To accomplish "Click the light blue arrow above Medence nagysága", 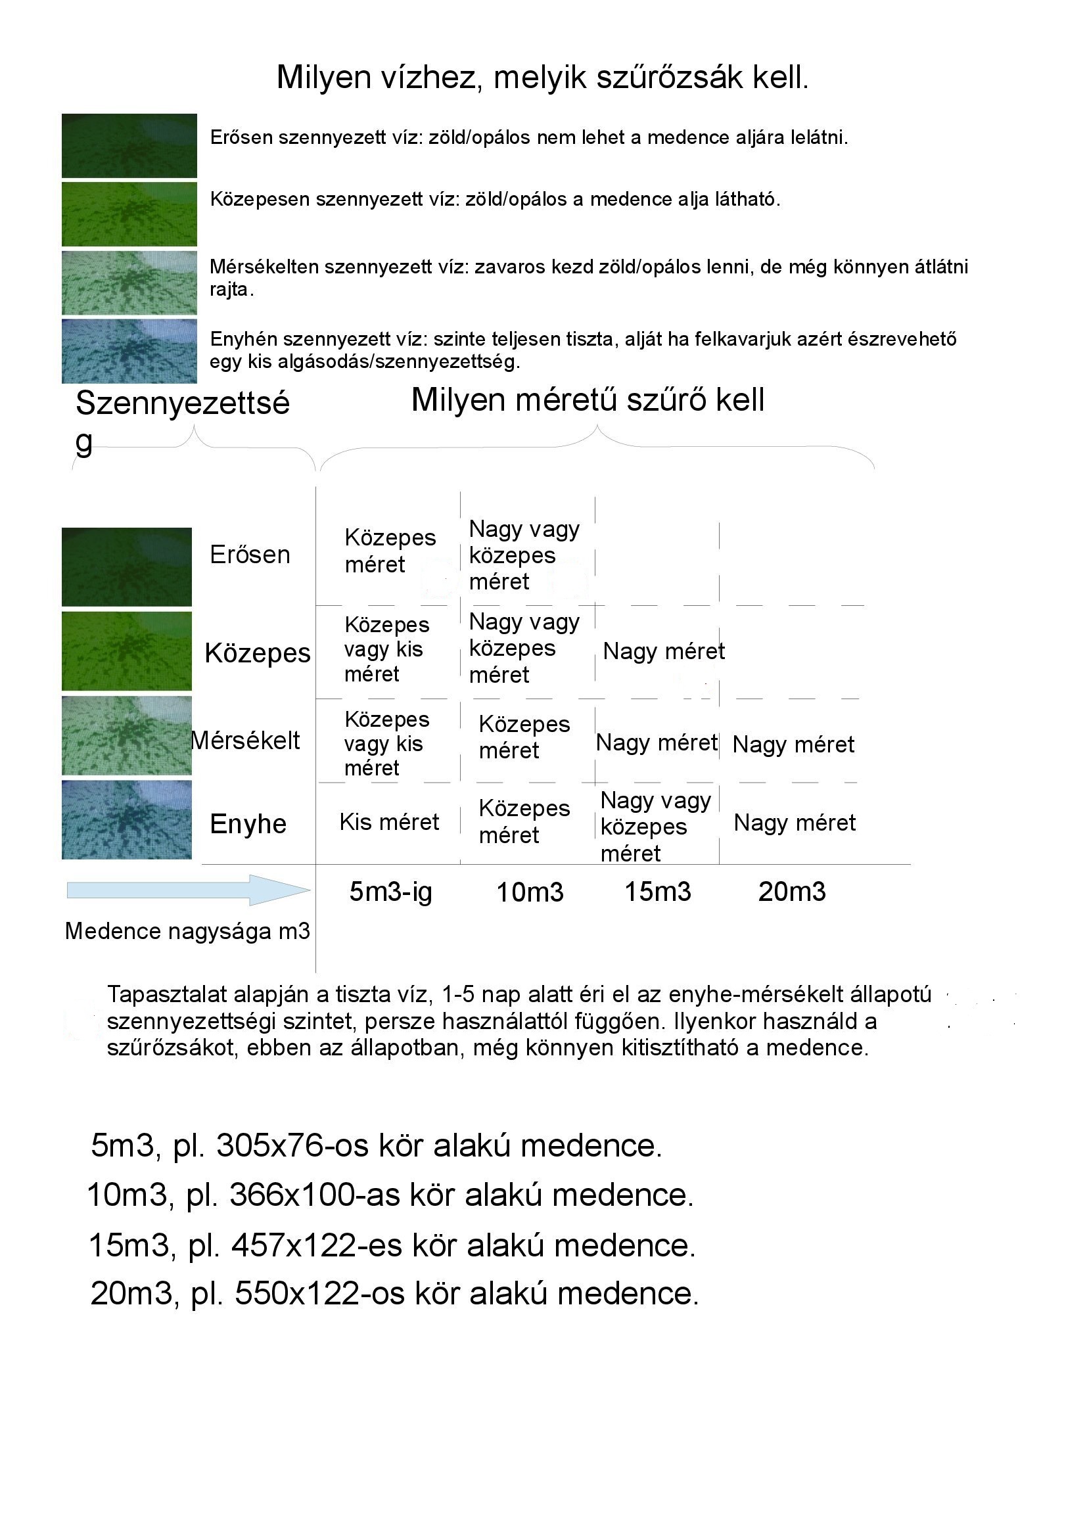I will [188, 890].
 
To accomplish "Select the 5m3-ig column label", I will [390, 892].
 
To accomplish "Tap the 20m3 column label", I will [792, 892].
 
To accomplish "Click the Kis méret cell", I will [389, 822].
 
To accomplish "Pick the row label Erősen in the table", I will [250, 555].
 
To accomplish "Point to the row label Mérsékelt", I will [246, 741].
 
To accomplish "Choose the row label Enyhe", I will [248, 824].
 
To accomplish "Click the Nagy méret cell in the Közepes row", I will [663, 651].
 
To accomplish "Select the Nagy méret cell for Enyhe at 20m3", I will [795, 823].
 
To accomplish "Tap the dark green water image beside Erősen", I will [126, 567].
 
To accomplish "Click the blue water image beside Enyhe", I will [126, 819].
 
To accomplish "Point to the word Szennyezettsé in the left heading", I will [182, 403].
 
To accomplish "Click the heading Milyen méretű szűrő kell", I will [587, 400].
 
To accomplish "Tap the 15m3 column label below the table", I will [657, 892].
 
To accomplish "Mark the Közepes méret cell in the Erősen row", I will [390, 551].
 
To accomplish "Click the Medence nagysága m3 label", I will [187, 931].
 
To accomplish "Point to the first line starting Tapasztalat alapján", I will [519, 995].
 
